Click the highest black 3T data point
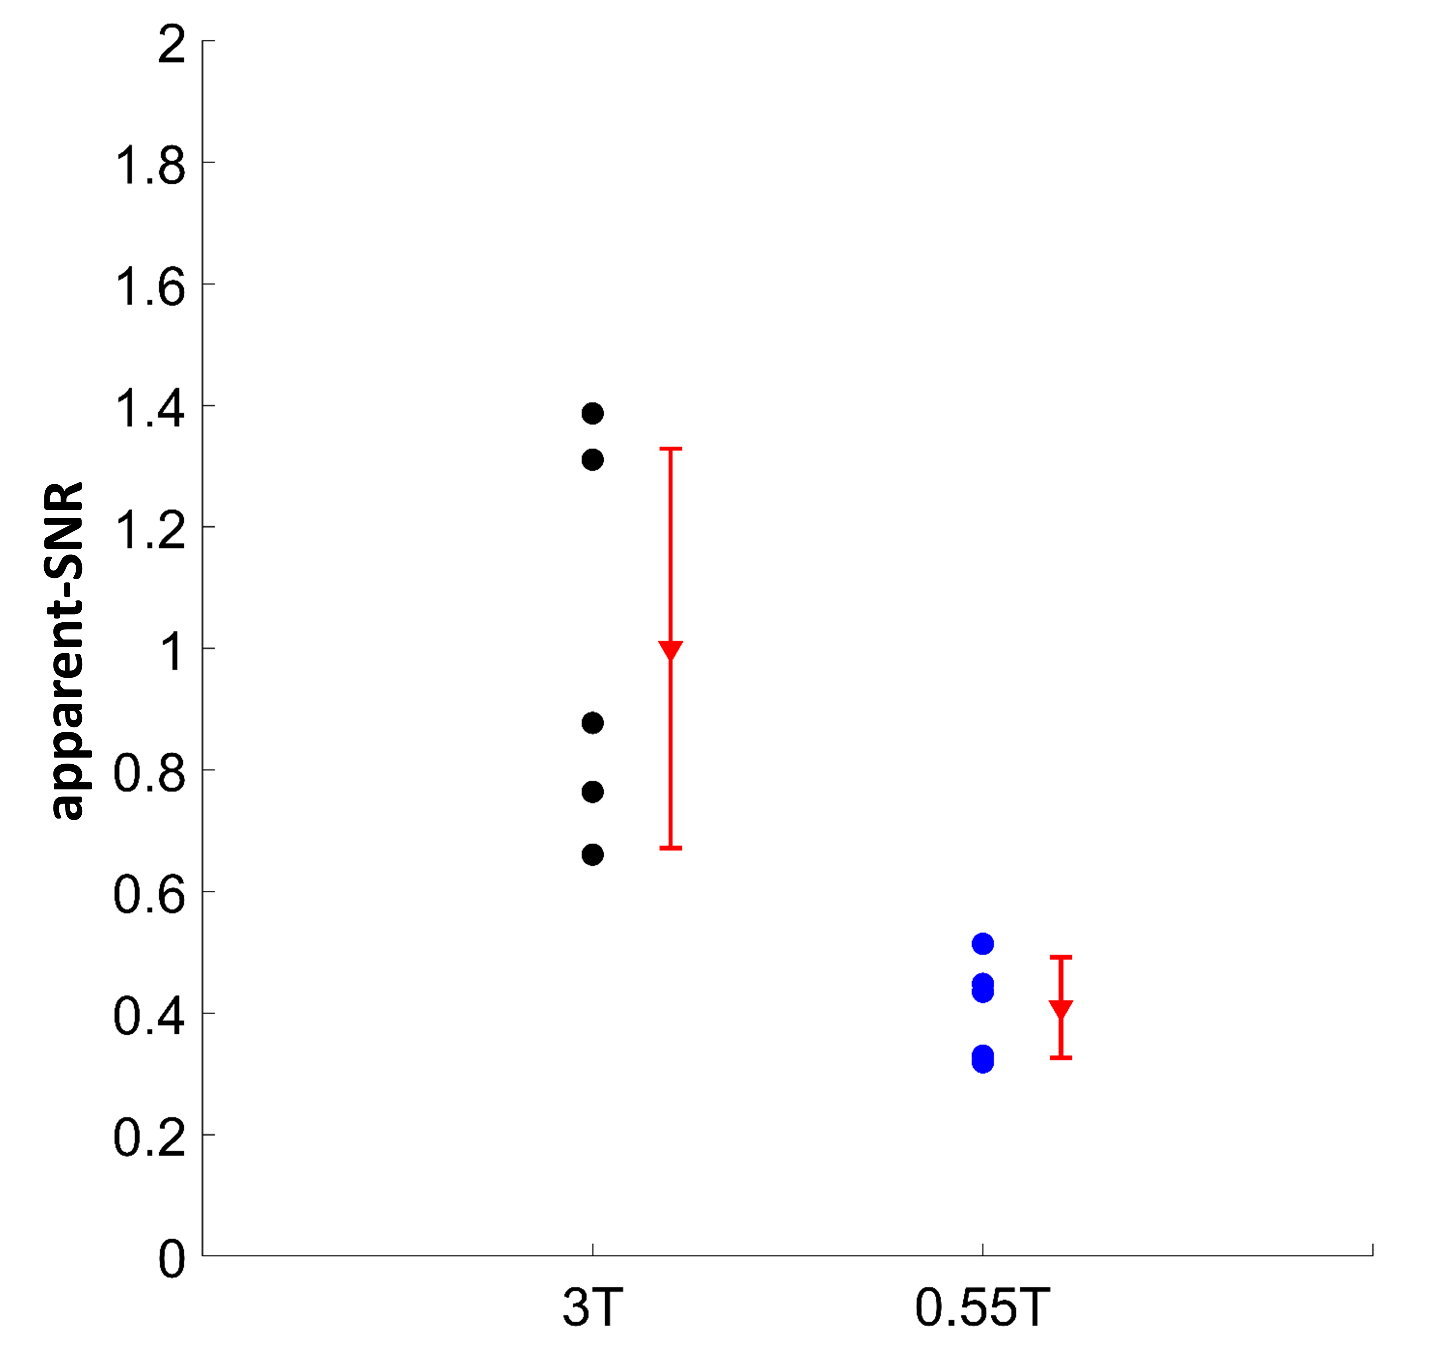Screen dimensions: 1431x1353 click(x=592, y=413)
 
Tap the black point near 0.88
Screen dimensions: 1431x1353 click(x=592, y=723)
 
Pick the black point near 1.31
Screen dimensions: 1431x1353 click(x=592, y=459)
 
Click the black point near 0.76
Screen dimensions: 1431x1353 click(x=592, y=792)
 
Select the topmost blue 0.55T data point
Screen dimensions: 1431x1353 click(x=982, y=943)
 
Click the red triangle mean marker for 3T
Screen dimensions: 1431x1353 click(x=671, y=650)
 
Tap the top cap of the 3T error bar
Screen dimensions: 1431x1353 click(x=671, y=449)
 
